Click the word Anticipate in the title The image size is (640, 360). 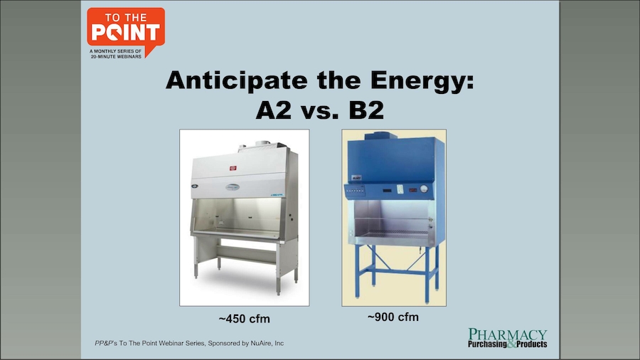point(237,80)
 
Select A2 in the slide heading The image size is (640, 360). point(274,110)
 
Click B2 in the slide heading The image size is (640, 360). point(366,110)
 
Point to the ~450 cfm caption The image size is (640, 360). point(244,319)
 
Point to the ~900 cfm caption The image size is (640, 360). point(393,317)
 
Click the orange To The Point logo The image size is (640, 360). point(126,33)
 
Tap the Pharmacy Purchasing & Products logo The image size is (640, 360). point(507,338)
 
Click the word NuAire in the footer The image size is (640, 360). point(262,343)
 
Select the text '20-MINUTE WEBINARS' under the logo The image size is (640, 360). point(117,56)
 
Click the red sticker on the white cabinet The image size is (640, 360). point(233,168)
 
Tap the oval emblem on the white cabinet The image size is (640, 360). point(233,187)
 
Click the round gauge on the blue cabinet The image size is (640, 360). point(424,189)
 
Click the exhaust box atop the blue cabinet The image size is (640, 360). point(381,136)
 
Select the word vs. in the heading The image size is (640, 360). point(320,110)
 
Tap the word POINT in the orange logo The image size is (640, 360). point(125,33)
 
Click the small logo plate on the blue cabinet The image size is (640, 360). point(357,178)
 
